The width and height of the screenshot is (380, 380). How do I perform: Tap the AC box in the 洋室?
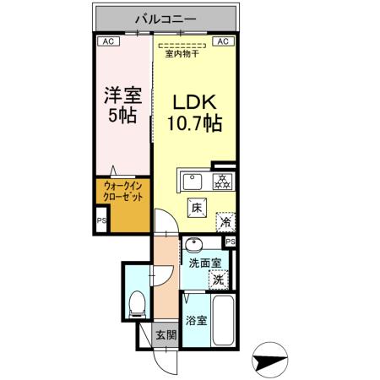[x=107, y=40]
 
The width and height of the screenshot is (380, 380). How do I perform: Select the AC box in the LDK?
[x=223, y=40]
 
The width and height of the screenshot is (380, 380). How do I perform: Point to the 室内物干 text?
[x=182, y=54]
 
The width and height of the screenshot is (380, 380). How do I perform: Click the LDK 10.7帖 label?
[x=197, y=112]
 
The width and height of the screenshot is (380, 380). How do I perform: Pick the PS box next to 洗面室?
[x=231, y=241]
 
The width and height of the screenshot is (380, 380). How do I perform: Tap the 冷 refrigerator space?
[x=225, y=222]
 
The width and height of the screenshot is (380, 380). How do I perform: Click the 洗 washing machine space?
[x=219, y=277]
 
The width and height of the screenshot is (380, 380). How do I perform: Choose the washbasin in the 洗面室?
[x=193, y=246]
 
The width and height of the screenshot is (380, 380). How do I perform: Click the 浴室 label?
[x=196, y=320]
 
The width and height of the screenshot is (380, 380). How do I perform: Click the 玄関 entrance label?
[x=166, y=335]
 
